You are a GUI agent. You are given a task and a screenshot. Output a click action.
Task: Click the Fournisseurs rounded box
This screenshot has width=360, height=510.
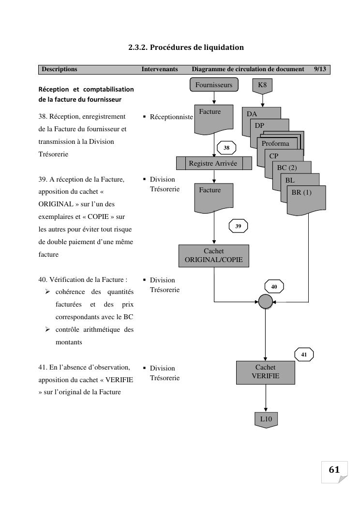coord(214,85)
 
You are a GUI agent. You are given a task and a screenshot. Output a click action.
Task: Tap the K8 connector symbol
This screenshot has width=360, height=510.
coord(262,85)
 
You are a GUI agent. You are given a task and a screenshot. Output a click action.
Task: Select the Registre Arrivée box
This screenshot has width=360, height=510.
coord(214,163)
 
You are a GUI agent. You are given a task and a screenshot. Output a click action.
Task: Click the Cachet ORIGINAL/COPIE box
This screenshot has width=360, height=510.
coord(214,255)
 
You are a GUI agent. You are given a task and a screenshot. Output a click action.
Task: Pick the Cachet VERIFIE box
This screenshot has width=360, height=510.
coord(266,371)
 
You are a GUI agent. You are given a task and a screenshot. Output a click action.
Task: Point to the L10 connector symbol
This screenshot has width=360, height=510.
coord(266,419)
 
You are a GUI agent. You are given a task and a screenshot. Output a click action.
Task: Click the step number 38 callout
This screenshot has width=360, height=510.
coord(226,148)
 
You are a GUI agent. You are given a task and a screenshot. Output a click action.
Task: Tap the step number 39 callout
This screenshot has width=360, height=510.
coord(238,226)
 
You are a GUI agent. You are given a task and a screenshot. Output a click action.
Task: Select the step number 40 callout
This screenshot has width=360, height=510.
coord(274,287)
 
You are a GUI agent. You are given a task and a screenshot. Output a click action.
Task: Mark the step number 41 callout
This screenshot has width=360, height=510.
coord(304,355)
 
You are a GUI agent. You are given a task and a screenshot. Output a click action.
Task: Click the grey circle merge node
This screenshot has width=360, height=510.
coord(266,302)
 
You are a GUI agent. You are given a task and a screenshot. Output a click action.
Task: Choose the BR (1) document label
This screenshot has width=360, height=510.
coord(301,192)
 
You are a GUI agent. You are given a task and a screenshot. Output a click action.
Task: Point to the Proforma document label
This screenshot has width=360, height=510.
coord(275,143)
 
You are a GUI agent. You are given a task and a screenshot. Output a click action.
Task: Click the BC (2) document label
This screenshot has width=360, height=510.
coord(287,168)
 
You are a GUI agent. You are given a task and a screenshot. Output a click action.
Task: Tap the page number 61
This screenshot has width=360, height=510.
coord(334,470)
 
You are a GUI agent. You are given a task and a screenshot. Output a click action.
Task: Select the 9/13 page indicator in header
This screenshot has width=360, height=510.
coord(320,69)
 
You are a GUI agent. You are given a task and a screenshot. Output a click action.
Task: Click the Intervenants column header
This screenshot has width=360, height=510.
coord(160,69)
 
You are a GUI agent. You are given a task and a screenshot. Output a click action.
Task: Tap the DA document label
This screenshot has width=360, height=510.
coord(252,114)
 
